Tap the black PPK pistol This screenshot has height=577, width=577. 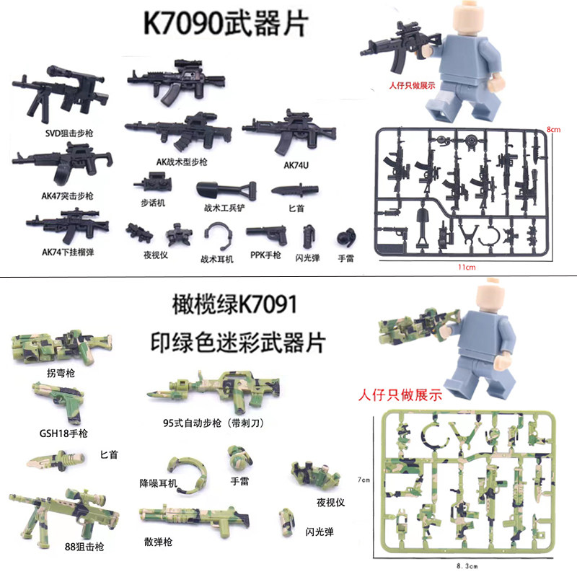pyautogui.click(x=267, y=234)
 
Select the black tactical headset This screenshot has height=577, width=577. pyautogui.click(x=219, y=236)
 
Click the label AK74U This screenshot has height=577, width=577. pyautogui.click(x=296, y=165)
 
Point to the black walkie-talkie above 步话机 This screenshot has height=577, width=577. pyautogui.click(x=153, y=182)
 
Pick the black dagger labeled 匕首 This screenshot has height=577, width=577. pyautogui.click(x=295, y=190)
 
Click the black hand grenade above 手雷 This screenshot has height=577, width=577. pyautogui.click(x=346, y=237)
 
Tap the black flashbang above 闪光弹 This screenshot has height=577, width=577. pyautogui.click(x=309, y=237)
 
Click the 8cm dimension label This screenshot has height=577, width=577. pyautogui.click(x=553, y=130)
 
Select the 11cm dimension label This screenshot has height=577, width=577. pyautogui.click(x=467, y=267)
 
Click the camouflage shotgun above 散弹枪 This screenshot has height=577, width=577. pyautogui.click(x=194, y=519)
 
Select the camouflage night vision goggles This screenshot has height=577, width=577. pyautogui.click(x=315, y=475)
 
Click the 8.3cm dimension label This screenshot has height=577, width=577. pyautogui.click(x=467, y=566)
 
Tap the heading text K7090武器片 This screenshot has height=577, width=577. pyautogui.click(x=225, y=24)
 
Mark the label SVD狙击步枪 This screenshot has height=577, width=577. pyautogui.click(x=69, y=133)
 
